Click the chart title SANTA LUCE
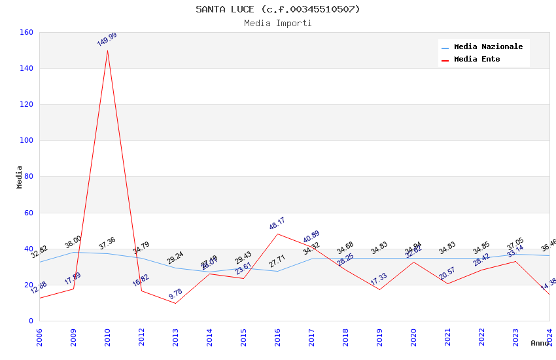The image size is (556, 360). click(x=278, y=9)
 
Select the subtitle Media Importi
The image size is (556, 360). click(x=278, y=23)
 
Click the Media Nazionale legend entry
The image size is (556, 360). click(x=488, y=47)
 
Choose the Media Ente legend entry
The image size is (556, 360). click(x=477, y=60)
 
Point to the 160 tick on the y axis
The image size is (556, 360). click(x=26, y=32)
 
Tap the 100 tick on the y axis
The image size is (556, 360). click(x=26, y=140)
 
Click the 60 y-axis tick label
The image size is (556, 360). click(x=28, y=213)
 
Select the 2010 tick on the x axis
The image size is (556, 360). click(x=107, y=338)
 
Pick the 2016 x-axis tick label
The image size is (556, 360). click(x=277, y=338)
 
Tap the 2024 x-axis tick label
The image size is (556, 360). click(x=549, y=338)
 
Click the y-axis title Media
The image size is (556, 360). click(x=20, y=177)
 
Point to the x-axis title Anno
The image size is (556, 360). click(x=540, y=343)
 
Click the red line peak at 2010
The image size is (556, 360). click(x=107, y=50)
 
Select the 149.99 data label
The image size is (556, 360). click(x=107, y=39)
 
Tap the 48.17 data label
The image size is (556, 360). click(x=277, y=223)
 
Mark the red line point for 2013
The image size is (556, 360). click(x=175, y=303)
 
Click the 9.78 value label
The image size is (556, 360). click(x=175, y=294)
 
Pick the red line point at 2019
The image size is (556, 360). click(x=379, y=289)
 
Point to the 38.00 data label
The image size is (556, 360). click(x=73, y=242)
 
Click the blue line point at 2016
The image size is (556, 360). click(x=277, y=271)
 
